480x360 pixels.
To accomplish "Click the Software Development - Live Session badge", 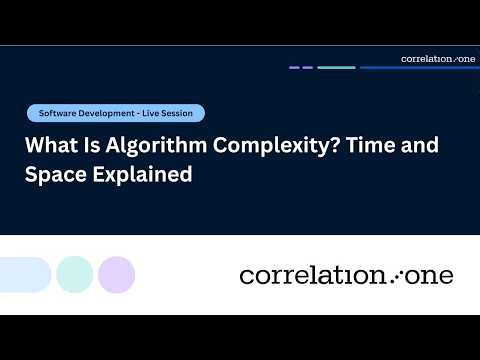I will click(116, 113).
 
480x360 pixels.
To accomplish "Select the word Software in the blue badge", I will click(57, 113).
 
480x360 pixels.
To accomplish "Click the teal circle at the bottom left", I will click(75, 274).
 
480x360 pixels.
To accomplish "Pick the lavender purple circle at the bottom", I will click(117, 274).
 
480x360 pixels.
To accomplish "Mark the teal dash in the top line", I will click(336, 68).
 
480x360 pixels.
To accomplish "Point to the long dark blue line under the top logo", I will click(419, 68).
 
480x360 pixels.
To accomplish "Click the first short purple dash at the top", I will click(294, 68).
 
